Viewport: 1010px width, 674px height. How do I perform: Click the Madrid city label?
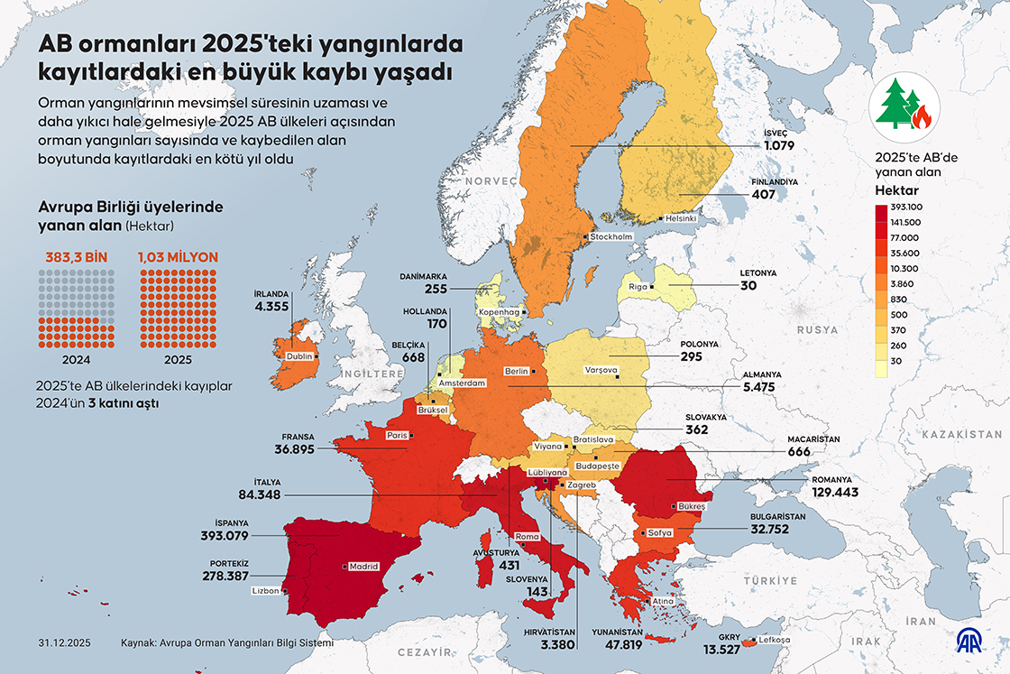363,567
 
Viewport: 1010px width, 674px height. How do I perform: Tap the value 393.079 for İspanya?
225,536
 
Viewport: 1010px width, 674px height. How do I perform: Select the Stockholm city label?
611,236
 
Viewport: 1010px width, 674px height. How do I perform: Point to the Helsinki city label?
679,218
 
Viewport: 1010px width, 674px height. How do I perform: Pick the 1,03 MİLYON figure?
178,257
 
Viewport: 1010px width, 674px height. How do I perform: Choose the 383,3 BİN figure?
76,257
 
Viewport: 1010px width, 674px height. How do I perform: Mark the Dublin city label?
298,356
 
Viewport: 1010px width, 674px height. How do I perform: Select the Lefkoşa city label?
775,640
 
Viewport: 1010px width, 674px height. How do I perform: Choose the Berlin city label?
517,371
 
